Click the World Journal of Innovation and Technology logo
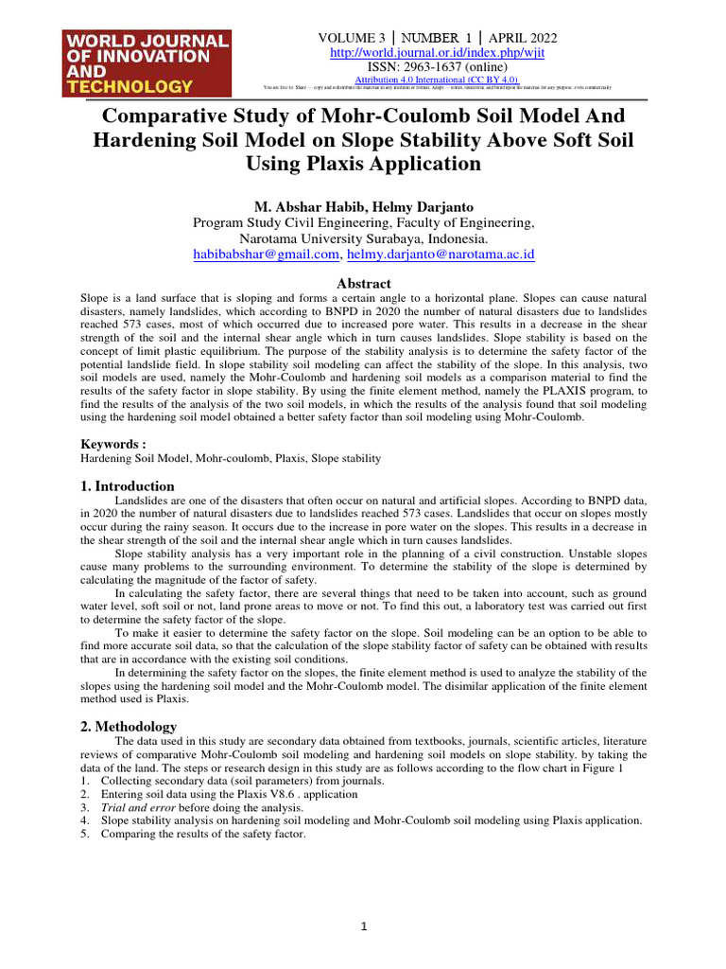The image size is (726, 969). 146,62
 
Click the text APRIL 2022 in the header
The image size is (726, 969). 523,38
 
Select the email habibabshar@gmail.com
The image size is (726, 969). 266,255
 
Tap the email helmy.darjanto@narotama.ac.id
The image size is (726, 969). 441,255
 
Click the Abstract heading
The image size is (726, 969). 364,283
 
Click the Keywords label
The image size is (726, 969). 113,443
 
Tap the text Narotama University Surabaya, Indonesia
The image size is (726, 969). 364,238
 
